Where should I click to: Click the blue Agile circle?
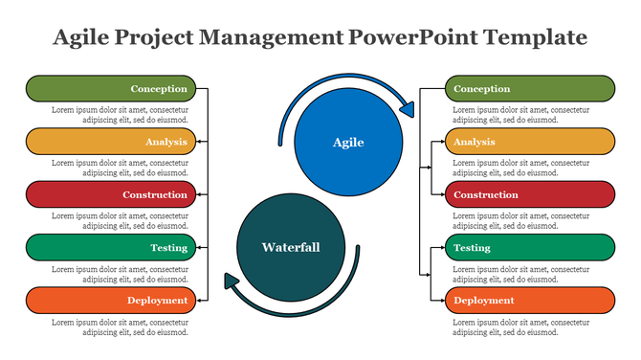pos(348,143)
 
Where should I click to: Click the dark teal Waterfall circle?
pos(291,248)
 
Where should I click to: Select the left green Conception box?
pos(111,89)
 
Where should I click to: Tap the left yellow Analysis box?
pos(111,142)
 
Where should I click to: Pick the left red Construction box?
pos(111,195)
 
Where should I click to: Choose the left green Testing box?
pos(111,248)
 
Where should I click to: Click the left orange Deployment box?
pos(111,301)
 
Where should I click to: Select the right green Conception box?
pos(529,89)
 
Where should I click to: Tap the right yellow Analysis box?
pos(529,142)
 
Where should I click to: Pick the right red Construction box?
pos(529,195)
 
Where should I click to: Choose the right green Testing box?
pos(529,248)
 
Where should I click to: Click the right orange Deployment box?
pos(529,301)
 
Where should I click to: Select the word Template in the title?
pos(536,37)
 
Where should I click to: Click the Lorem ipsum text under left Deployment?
pos(120,326)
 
